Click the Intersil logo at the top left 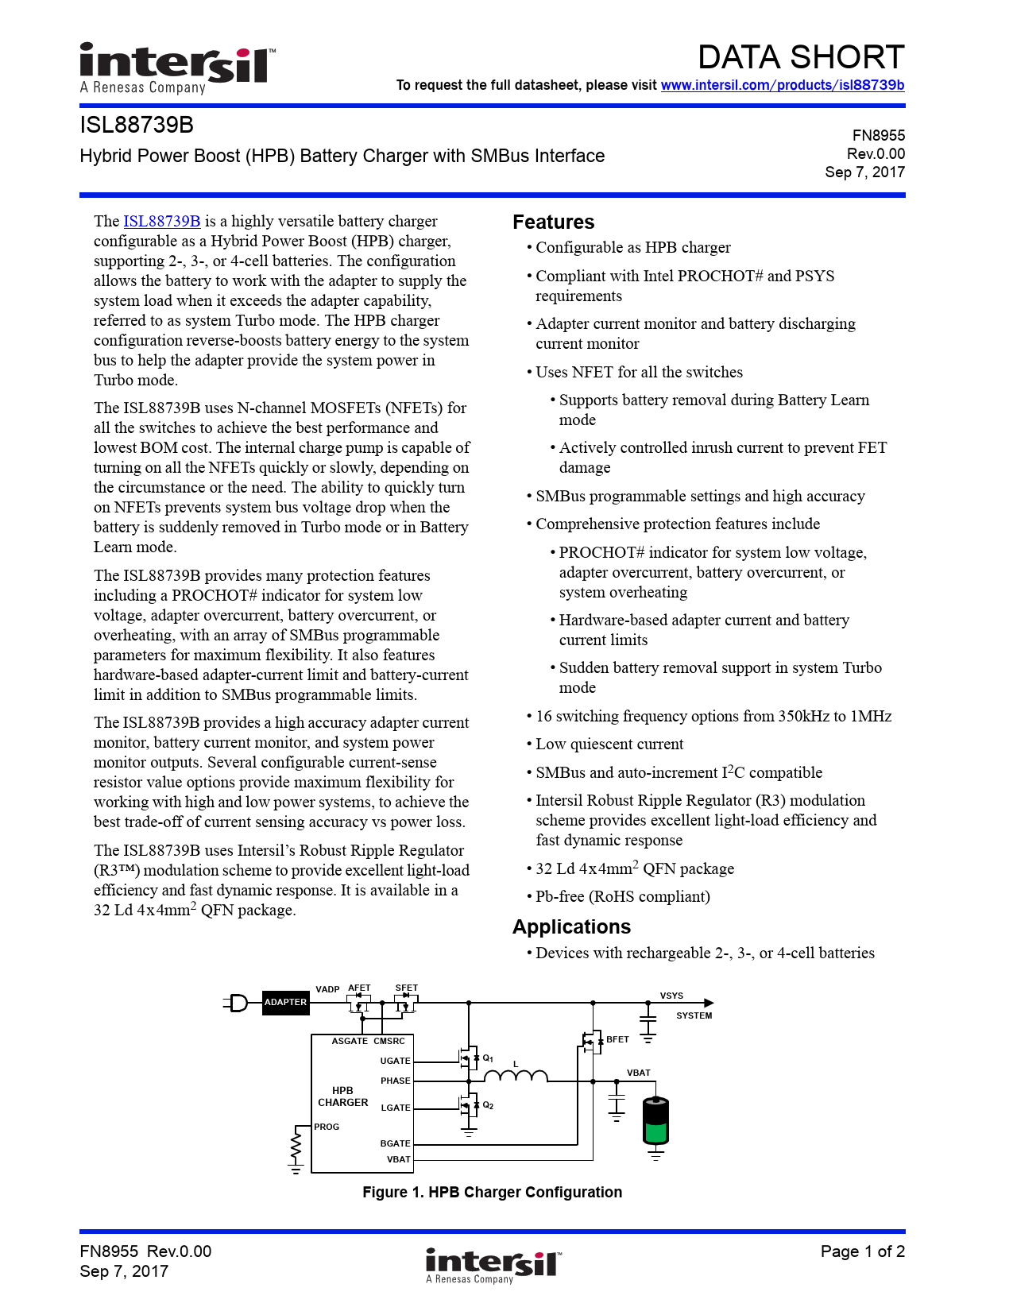pyautogui.click(x=176, y=67)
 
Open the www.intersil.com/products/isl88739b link pyautogui.click(x=782, y=85)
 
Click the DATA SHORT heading pyautogui.click(x=800, y=57)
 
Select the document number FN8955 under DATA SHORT pyautogui.click(x=878, y=136)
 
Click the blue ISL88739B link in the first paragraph pyautogui.click(x=161, y=221)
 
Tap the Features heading pyautogui.click(x=553, y=222)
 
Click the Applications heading pyautogui.click(x=571, y=926)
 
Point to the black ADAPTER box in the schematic pyautogui.click(x=285, y=1003)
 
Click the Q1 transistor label pyautogui.click(x=488, y=1058)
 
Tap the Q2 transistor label pyautogui.click(x=488, y=1106)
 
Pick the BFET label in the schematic pyautogui.click(x=617, y=1039)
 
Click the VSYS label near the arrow pyautogui.click(x=671, y=996)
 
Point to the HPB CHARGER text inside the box pyautogui.click(x=342, y=1096)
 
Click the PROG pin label pyautogui.click(x=327, y=1127)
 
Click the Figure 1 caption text pyautogui.click(x=492, y=1192)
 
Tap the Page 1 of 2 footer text pyautogui.click(x=862, y=1251)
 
